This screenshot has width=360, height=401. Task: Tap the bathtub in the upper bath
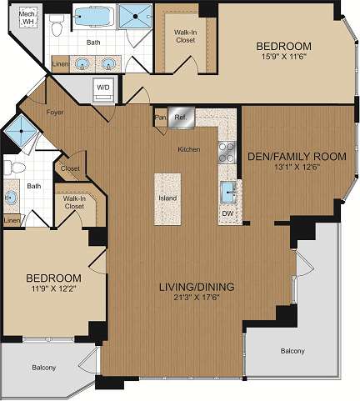pos(97,18)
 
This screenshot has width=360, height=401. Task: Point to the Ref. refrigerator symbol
pos(179,118)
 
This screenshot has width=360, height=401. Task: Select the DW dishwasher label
pos(227,213)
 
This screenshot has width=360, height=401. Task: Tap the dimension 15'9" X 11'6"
pos(284,57)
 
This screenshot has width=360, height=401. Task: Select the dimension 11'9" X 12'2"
pos(52,289)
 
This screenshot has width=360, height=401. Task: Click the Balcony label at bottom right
pos(292,351)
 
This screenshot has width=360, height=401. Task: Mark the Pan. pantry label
pos(159,118)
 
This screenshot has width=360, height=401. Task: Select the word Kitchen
pos(188,149)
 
